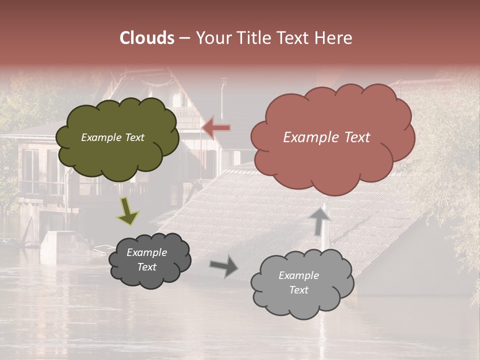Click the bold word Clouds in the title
pyautogui.click(x=147, y=38)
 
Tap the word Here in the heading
pyautogui.click(x=334, y=38)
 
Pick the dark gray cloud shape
pyautogui.click(x=149, y=260)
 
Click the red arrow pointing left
pyautogui.click(x=216, y=128)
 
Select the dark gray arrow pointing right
pyautogui.click(x=224, y=265)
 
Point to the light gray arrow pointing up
pyautogui.click(x=320, y=220)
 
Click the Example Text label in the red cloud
pyautogui.click(x=326, y=137)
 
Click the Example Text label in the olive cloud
pyautogui.click(x=112, y=137)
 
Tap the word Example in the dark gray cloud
pyautogui.click(x=146, y=252)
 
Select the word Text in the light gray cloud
pyautogui.click(x=298, y=290)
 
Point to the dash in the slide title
pyautogui.click(x=184, y=38)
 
